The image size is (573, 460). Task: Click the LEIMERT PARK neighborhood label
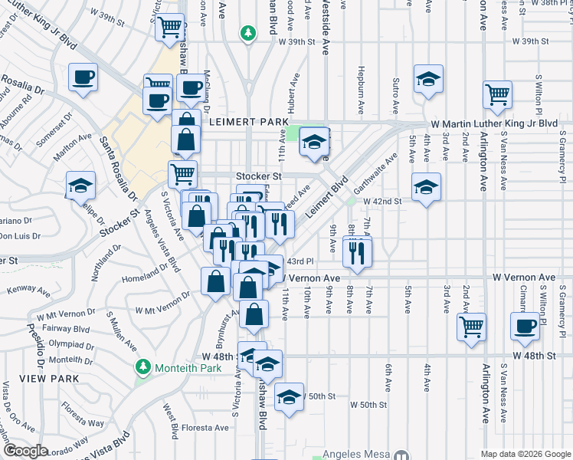(x=244, y=122)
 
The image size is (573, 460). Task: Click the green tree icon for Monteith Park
(x=141, y=367)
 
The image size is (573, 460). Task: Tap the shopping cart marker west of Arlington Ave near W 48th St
(x=471, y=326)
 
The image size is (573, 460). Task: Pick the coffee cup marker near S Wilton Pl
(x=525, y=326)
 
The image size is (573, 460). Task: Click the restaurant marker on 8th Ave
(x=357, y=253)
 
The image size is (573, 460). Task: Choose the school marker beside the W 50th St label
(x=289, y=398)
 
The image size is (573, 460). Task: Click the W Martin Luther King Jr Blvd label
(x=493, y=123)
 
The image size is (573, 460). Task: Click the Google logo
(x=25, y=450)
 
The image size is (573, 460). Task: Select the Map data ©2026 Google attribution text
(x=525, y=454)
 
